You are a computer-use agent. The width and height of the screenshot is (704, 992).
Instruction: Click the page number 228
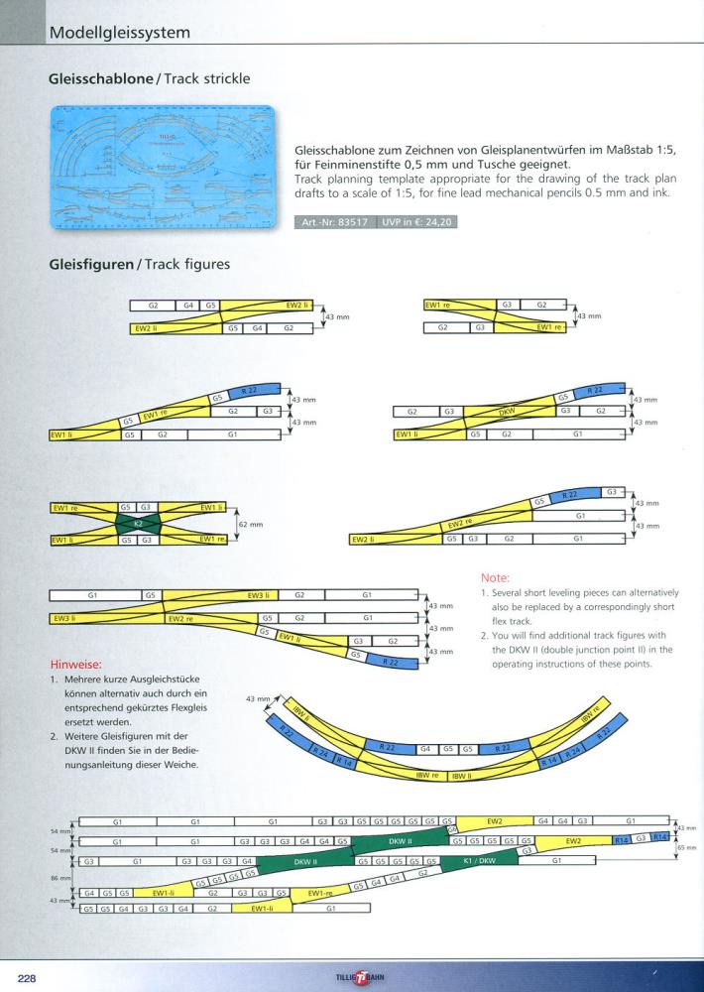pos(27,977)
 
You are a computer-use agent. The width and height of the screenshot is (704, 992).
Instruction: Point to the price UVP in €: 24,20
pos(418,222)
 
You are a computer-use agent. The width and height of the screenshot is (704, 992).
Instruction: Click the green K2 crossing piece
pos(138,523)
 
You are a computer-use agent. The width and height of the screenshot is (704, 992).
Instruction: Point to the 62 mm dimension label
pos(251,524)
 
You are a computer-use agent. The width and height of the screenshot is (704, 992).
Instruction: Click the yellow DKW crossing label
pos(508,410)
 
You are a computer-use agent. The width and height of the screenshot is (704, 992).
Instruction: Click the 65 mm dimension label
pos(686,849)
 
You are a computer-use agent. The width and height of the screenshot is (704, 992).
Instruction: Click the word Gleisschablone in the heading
pos(105,76)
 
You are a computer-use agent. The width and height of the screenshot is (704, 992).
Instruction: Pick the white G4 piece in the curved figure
pos(424,748)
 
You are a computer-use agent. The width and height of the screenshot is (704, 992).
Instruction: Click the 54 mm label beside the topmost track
pos(60,829)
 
